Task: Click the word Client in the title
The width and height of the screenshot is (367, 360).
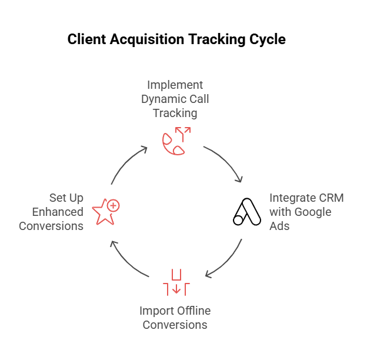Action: (86, 40)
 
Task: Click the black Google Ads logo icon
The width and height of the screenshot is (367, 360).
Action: (247, 212)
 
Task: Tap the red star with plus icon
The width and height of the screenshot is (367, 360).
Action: (106, 211)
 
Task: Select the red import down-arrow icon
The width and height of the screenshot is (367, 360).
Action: (176, 282)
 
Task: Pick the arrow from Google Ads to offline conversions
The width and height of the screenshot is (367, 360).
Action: (227, 262)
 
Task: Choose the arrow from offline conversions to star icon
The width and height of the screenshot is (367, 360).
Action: (127, 261)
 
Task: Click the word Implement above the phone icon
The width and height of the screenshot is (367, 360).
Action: (175, 85)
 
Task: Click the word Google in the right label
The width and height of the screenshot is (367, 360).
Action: (314, 212)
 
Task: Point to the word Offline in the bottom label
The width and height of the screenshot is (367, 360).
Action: (192, 310)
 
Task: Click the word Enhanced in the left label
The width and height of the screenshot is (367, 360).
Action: (58, 212)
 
